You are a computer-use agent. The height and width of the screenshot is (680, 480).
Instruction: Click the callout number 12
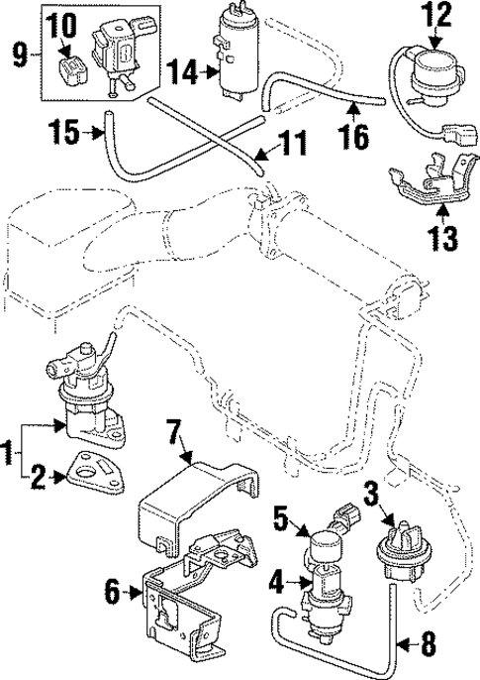pos(435,15)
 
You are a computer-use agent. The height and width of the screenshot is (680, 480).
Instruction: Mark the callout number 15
pos(65,131)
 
